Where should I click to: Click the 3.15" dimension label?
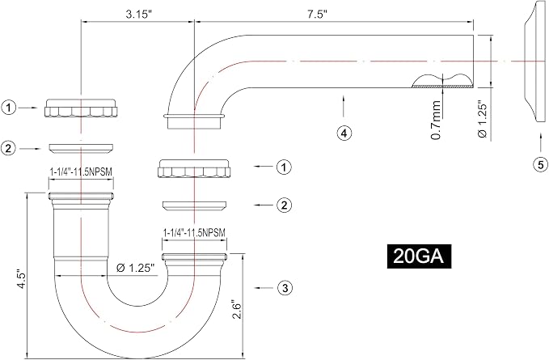coord(139,15)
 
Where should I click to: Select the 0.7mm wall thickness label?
coord(436,120)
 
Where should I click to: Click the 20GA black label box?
coord(419,256)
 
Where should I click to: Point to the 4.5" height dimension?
coord(22,278)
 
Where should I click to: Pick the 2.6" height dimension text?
coord(238,308)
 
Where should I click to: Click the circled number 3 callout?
coord(285,288)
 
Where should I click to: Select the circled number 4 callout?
coord(344,133)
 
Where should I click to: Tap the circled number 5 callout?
coord(541,164)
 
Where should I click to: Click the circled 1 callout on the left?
coord(9,108)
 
